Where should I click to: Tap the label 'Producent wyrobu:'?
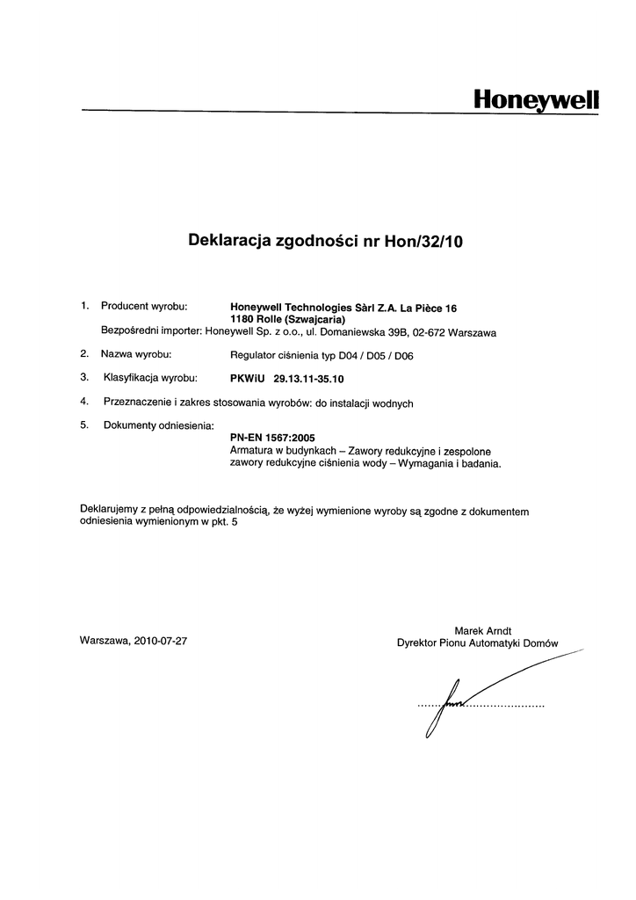[x=145, y=306]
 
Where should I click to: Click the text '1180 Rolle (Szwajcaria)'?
[x=286, y=320]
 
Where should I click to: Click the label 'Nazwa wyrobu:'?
[x=136, y=354]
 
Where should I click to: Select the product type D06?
[x=402, y=356]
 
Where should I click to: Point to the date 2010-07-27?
[x=160, y=641]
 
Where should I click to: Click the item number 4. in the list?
[x=84, y=403]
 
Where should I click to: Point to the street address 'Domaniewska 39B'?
[x=360, y=333]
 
